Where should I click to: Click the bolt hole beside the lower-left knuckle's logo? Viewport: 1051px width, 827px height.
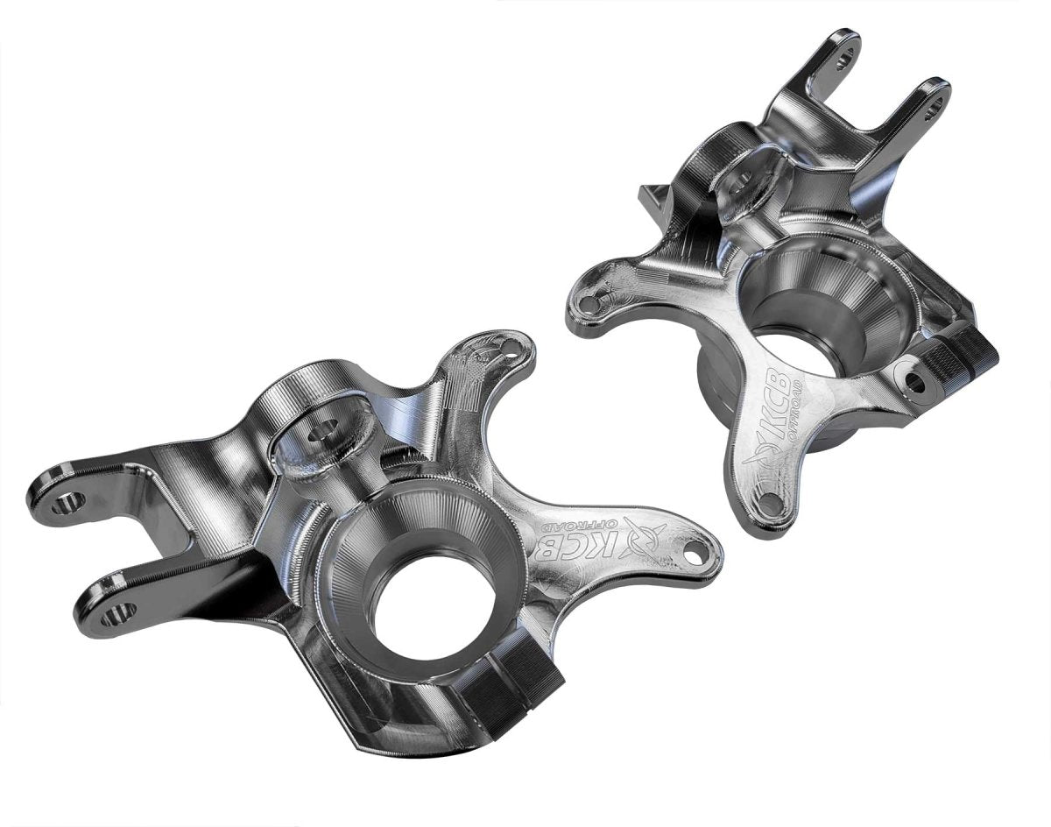click(x=695, y=555)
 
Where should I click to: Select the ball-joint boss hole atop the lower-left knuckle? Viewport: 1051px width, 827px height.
click(x=325, y=430)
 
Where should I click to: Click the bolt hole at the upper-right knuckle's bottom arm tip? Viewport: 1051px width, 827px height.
click(x=770, y=503)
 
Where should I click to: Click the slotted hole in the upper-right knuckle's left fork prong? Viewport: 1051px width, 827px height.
click(x=844, y=60)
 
